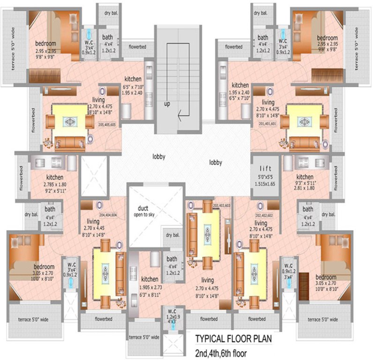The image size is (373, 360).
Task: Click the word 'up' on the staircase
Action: [x=166, y=104]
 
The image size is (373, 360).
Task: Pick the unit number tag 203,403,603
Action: [x=222, y=205]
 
